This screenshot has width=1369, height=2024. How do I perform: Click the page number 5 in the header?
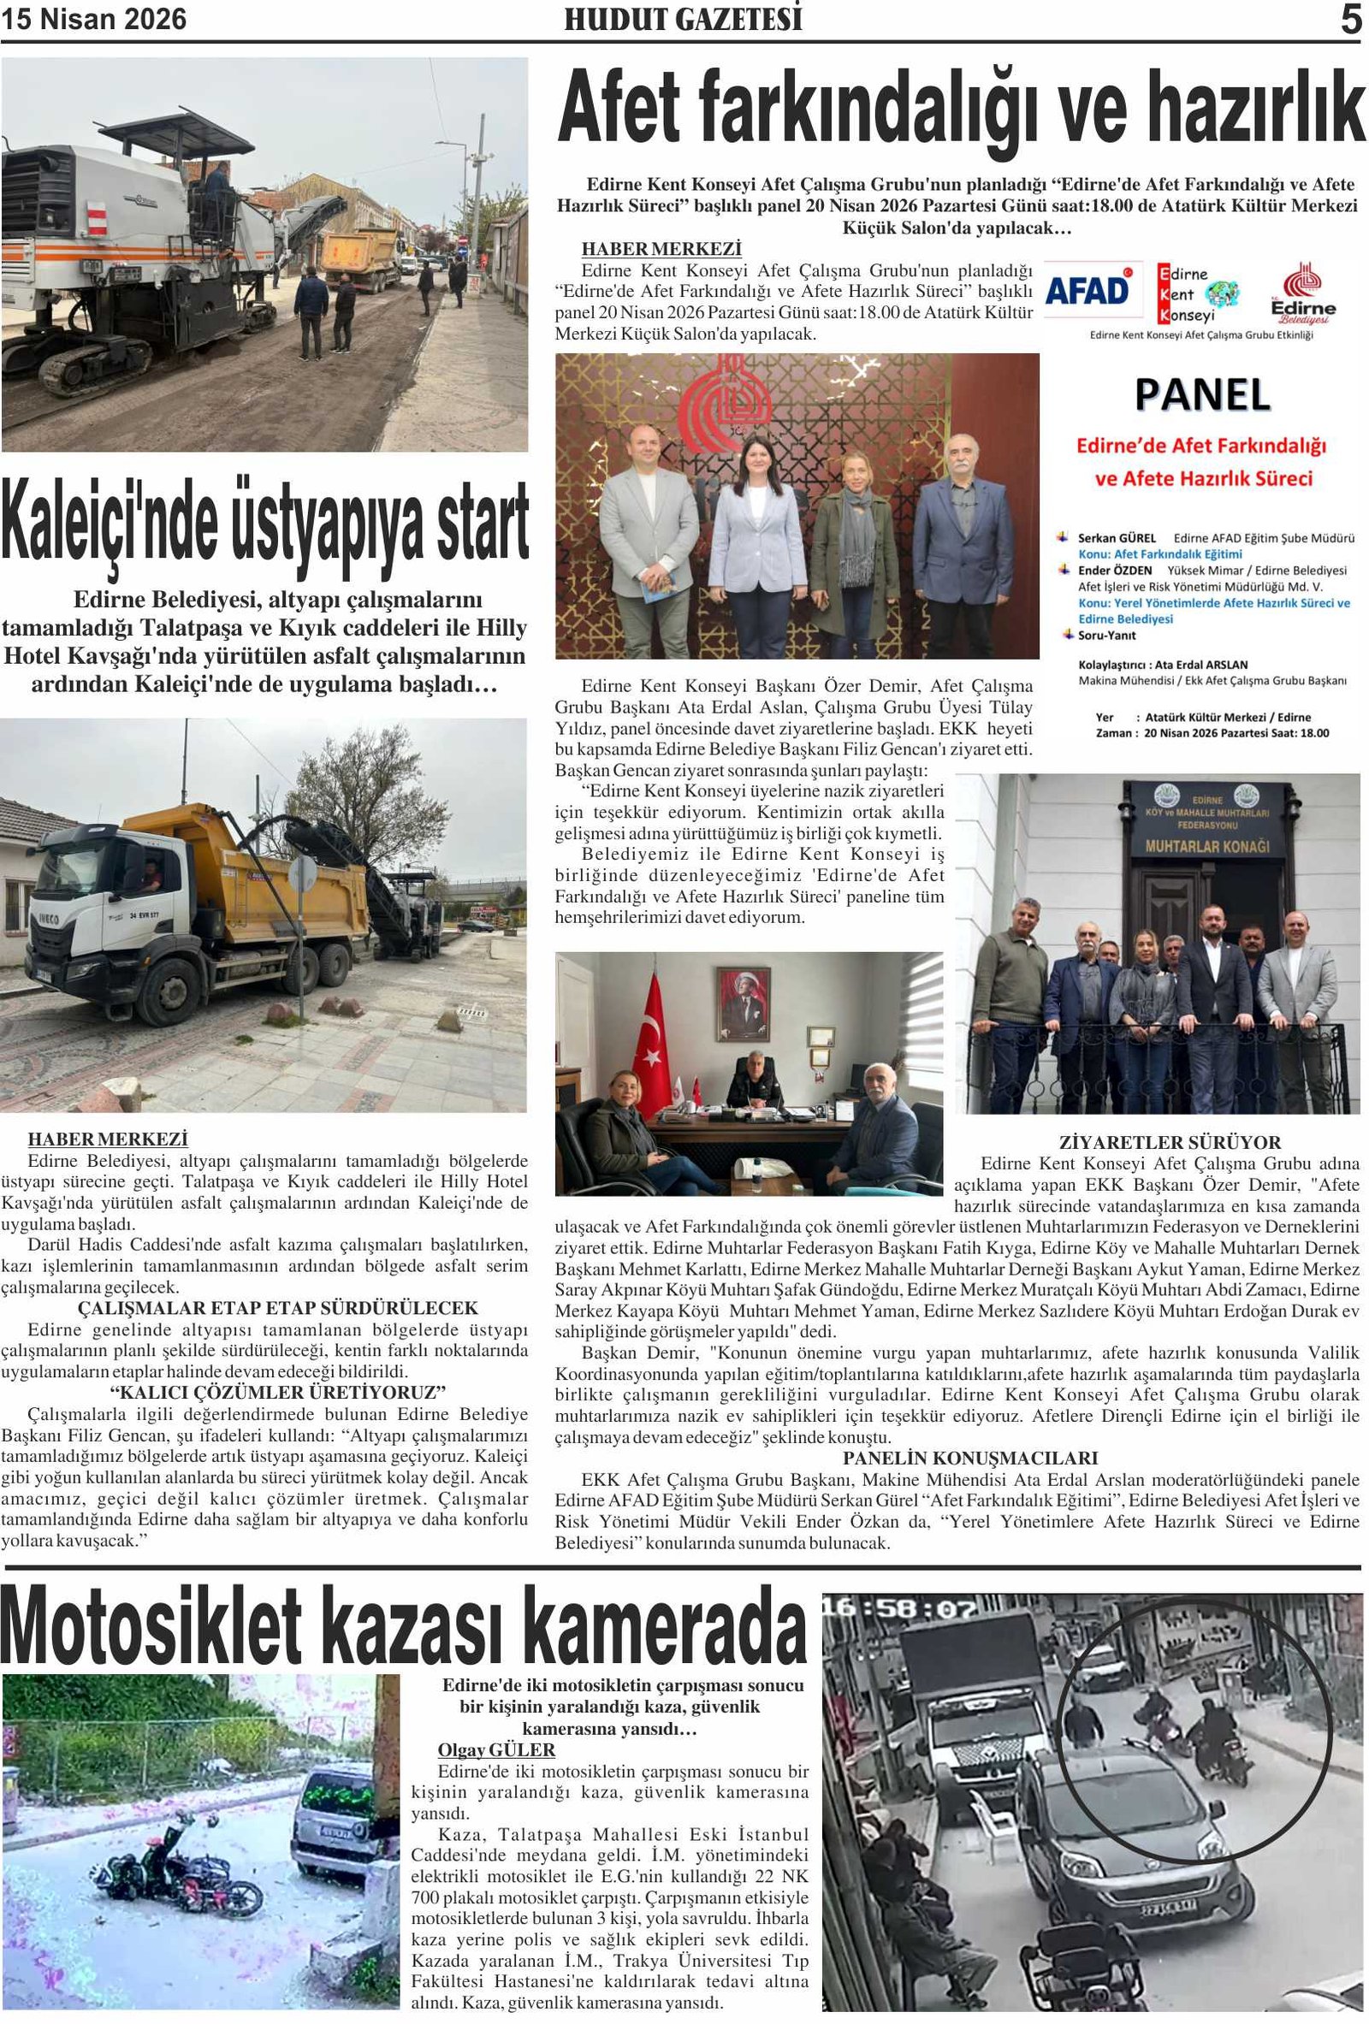(1349, 19)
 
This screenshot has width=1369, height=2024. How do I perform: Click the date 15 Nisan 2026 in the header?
(94, 19)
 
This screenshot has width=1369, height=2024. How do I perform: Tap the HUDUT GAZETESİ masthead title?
(683, 19)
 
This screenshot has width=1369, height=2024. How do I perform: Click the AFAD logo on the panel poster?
(1087, 291)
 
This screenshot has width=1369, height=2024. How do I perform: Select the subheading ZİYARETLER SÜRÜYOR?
(1169, 1142)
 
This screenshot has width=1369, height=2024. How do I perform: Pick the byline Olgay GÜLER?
(495, 1749)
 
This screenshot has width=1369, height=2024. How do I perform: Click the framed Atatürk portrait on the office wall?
(744, 1004)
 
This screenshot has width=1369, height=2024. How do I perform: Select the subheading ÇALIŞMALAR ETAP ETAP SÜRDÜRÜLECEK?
(278, 1308)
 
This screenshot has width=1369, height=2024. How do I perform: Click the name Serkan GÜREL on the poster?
(1116, 537)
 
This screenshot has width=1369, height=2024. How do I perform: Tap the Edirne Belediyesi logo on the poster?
(1302, 293)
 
